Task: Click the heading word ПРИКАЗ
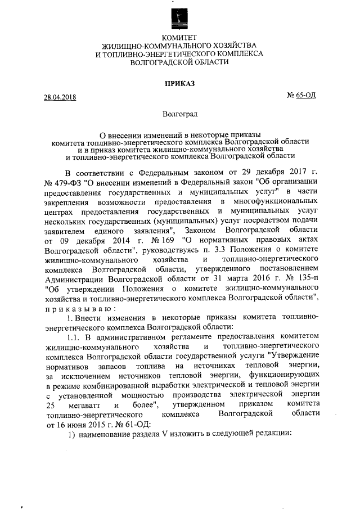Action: click(179, 84)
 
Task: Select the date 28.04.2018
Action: click(60, 97)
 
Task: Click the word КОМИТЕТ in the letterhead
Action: click(179, 37)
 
